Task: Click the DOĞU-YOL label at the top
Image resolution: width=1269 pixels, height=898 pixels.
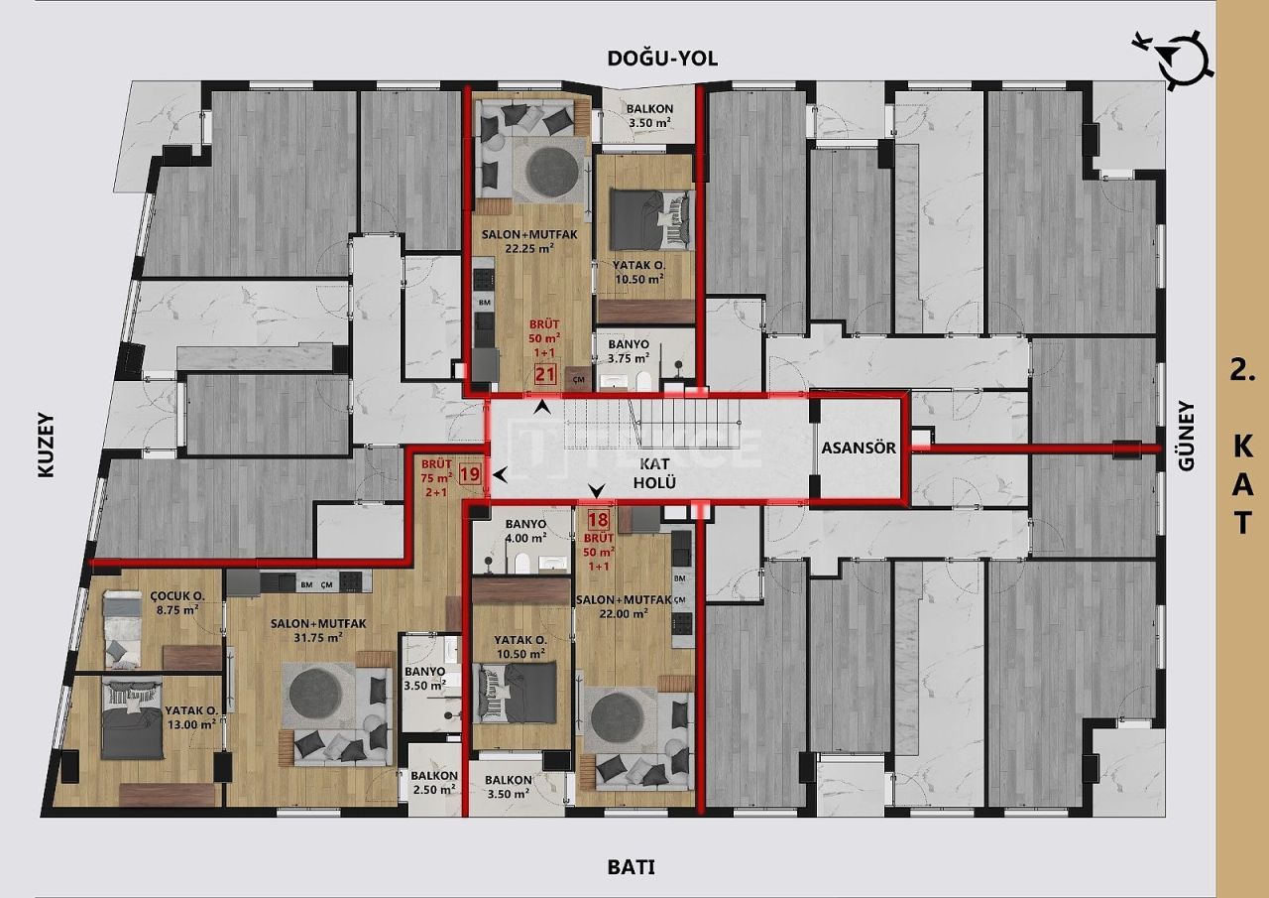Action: point(662,59)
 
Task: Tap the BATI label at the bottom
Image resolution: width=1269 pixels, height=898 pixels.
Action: point(631,867)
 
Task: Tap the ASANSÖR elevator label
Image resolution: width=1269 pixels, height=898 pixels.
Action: point(859,448)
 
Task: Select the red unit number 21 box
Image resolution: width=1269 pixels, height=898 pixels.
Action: point(544,374)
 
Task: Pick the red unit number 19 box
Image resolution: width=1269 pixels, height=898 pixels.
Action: point(470,474)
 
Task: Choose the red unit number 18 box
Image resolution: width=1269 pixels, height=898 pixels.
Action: point(598,517)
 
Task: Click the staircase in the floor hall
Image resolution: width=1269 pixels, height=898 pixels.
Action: point(654,427)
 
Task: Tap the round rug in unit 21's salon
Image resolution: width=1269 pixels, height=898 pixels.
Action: point(552,170)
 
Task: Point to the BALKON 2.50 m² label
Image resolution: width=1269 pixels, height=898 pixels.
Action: point(433,783)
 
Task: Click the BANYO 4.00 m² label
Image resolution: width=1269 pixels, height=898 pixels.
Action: point(525,531)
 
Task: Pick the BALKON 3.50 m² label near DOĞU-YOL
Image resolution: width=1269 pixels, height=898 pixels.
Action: point(648,116)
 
